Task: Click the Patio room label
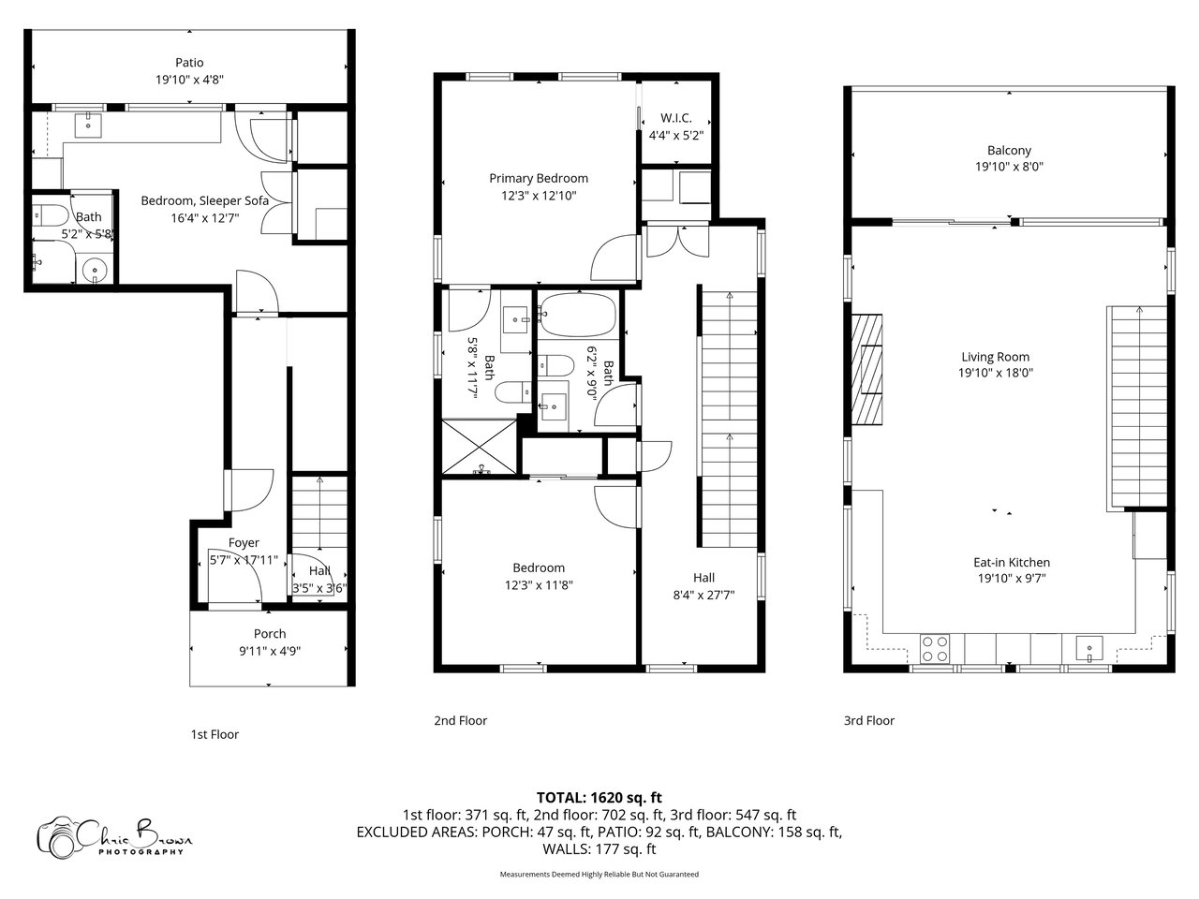point(189,63)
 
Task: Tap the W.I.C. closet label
point(675,118)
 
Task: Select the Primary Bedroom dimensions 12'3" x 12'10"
point(539,196)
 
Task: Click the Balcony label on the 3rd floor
point(1009,151)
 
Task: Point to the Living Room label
point(995,357)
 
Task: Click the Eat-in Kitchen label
point(1012,562)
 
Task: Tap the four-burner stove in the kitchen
point(935,649)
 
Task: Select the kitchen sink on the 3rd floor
point(1089,648)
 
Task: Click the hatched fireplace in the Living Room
point(866,369)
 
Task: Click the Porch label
point(270,634)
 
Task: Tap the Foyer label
point(244,542)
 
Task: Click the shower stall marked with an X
point(479,446)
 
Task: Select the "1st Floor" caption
point(215,734)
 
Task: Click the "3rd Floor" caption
point(869,720)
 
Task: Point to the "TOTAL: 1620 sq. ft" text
point(599,798)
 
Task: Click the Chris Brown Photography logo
point(114,836)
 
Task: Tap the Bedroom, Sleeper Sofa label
point(205,200)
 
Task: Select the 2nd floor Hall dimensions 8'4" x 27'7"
point(703,595)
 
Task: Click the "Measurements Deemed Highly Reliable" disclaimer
point(599,874)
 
